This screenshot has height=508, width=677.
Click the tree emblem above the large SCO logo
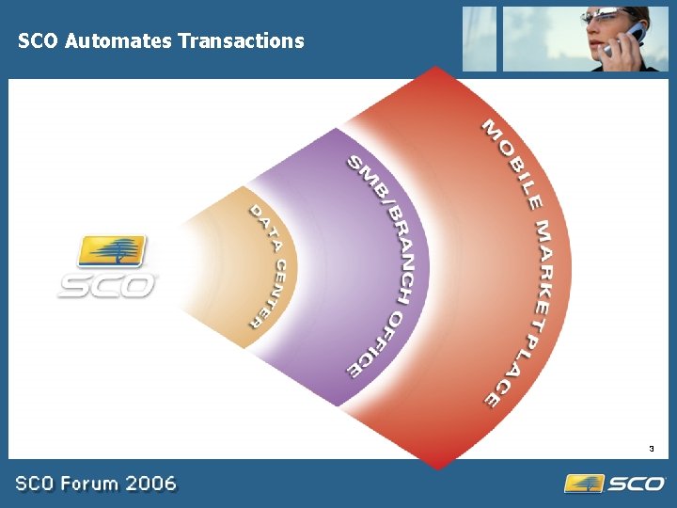tap(113, 252)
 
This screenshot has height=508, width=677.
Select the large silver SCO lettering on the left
tap(106, 284)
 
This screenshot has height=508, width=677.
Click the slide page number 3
tap(650, 448)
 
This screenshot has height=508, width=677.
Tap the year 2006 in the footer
tap(150, 484)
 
